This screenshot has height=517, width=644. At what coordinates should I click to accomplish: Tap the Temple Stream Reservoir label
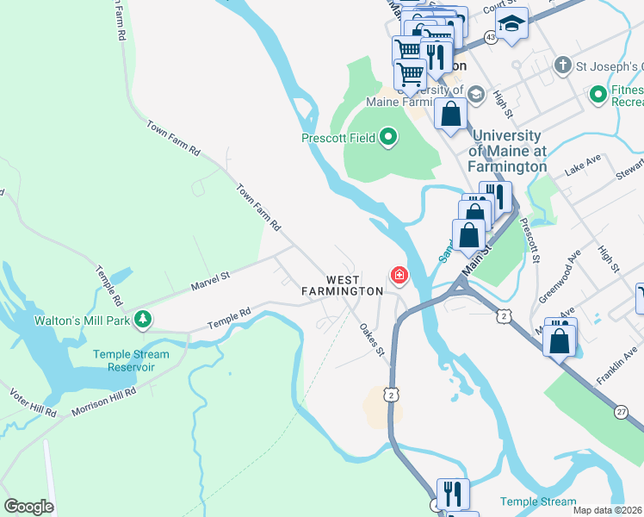click(x=133, y=360)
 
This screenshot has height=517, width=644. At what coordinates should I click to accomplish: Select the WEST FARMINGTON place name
click(x=343, y=285)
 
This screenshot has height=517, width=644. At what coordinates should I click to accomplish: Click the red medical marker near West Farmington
click(x=399, y=276)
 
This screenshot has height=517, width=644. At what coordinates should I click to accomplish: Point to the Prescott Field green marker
click(x=387, y=137)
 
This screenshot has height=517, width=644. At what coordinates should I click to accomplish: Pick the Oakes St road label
click(x=371, y=338)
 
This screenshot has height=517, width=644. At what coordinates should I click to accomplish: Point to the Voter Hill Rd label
click(x=33, y=402)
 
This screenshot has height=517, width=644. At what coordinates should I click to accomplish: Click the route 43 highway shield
click(x=490, y=37)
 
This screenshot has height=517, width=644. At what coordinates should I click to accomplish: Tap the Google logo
click(x=28, y=507)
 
